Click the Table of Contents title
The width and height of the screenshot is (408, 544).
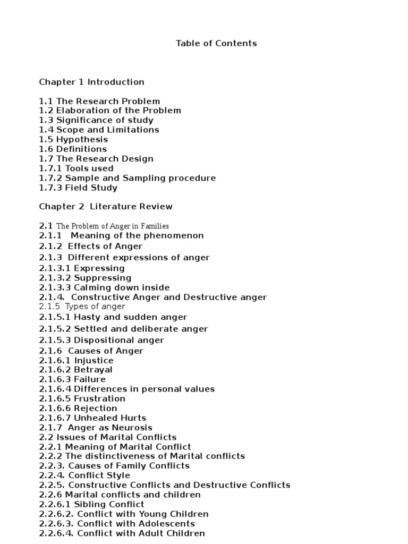coord(216,44)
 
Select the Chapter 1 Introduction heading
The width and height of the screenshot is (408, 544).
coord(91,82)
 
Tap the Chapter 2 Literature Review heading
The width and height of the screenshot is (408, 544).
coord(106,206)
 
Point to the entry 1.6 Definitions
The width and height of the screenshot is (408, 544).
coord(73,149)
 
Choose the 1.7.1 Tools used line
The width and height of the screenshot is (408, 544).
coord(76,168)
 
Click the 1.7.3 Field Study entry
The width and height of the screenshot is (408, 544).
coord(78,188)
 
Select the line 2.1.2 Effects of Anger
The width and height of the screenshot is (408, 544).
coord(91,246)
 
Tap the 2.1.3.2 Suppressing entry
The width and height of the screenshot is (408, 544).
coord(85,278)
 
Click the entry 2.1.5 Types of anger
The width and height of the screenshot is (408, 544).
coord(82,307)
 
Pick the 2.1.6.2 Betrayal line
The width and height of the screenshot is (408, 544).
coord(75,370)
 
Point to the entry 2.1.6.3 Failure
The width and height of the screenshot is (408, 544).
coord(72,379)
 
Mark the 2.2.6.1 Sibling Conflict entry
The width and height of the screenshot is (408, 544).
coord(91,504)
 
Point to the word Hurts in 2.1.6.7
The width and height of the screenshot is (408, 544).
coord(133,418)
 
